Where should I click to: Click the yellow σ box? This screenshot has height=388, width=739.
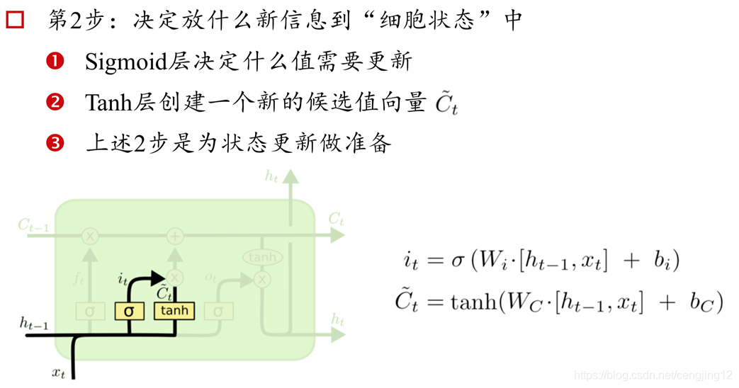[x=128, y=311]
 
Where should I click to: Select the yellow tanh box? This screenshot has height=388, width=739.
[x=174, y=311]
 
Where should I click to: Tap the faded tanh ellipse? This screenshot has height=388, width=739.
[x=262, y=258]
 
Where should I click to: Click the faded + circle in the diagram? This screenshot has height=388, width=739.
[x=174, y=236]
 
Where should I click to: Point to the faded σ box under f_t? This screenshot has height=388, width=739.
[x=90, y=311]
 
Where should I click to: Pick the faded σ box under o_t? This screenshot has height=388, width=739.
[x=218, y=311]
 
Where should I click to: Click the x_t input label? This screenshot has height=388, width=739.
[x=59, y=371]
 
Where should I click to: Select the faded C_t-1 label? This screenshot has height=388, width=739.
[x=34, y=225]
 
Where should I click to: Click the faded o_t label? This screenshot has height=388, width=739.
[x=210, y=278]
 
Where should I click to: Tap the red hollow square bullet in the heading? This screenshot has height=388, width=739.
[x=15, y=20]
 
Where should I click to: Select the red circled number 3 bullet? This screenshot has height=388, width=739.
[x=55, y=144]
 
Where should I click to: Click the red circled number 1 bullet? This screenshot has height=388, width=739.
[x=55, y=62]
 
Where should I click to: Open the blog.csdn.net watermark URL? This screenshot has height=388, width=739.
[x=653, y=375]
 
